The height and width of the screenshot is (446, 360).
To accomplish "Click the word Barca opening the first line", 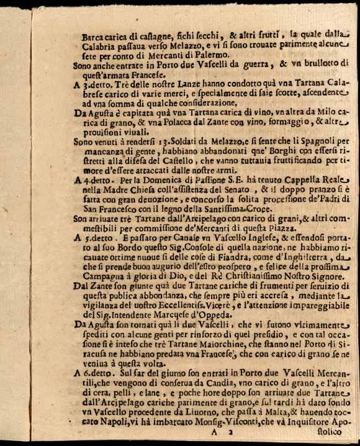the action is pos(92,37).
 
